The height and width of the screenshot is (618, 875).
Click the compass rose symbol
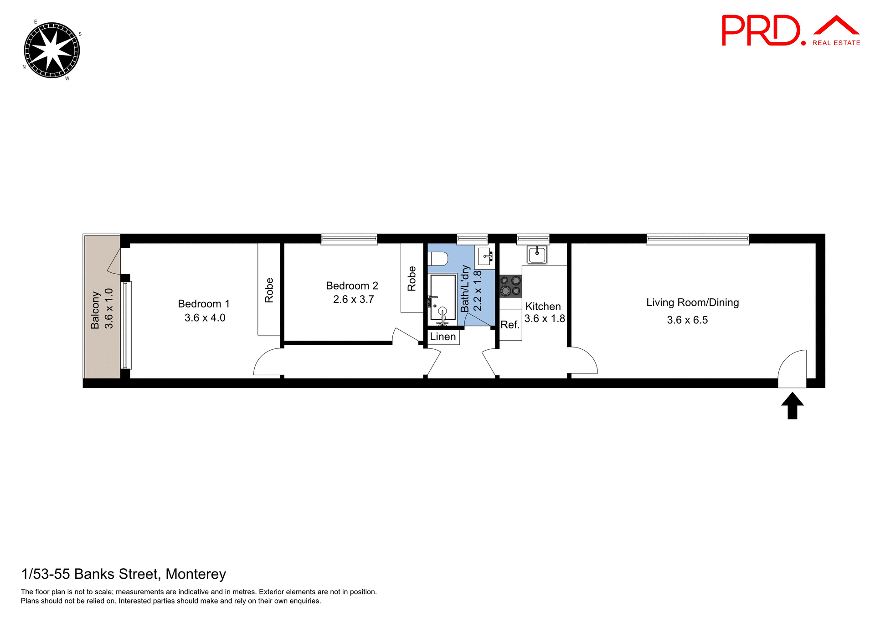coord(51,50)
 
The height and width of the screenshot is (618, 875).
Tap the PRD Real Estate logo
coord(790,31)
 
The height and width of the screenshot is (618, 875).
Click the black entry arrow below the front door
coord(792,406)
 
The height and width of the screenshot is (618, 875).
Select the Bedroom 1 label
coord(204,304)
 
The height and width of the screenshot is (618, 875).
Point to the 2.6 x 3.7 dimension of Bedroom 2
coord(353,300)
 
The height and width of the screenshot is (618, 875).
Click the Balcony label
coord(95,310)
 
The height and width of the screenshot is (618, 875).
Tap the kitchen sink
coord(537,255)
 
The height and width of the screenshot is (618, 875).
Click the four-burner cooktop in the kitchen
coord(510,286)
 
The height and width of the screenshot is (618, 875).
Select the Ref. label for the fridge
coord(510,325)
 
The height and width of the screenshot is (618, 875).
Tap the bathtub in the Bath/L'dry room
coord(443,297)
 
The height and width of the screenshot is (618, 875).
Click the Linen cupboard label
coord(443,337)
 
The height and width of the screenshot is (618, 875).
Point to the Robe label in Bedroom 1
coord(269,290)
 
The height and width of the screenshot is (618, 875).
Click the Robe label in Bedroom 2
coord(412,278)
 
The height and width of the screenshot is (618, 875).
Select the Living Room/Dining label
coord(692,302)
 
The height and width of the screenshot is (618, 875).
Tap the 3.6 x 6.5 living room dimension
coord(687,320)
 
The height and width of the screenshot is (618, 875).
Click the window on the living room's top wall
coord(697,239)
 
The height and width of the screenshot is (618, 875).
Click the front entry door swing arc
coord(792,367)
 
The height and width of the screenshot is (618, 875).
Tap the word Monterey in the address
coord(196,574)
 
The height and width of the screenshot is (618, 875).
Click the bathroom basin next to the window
coord(484,256)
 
